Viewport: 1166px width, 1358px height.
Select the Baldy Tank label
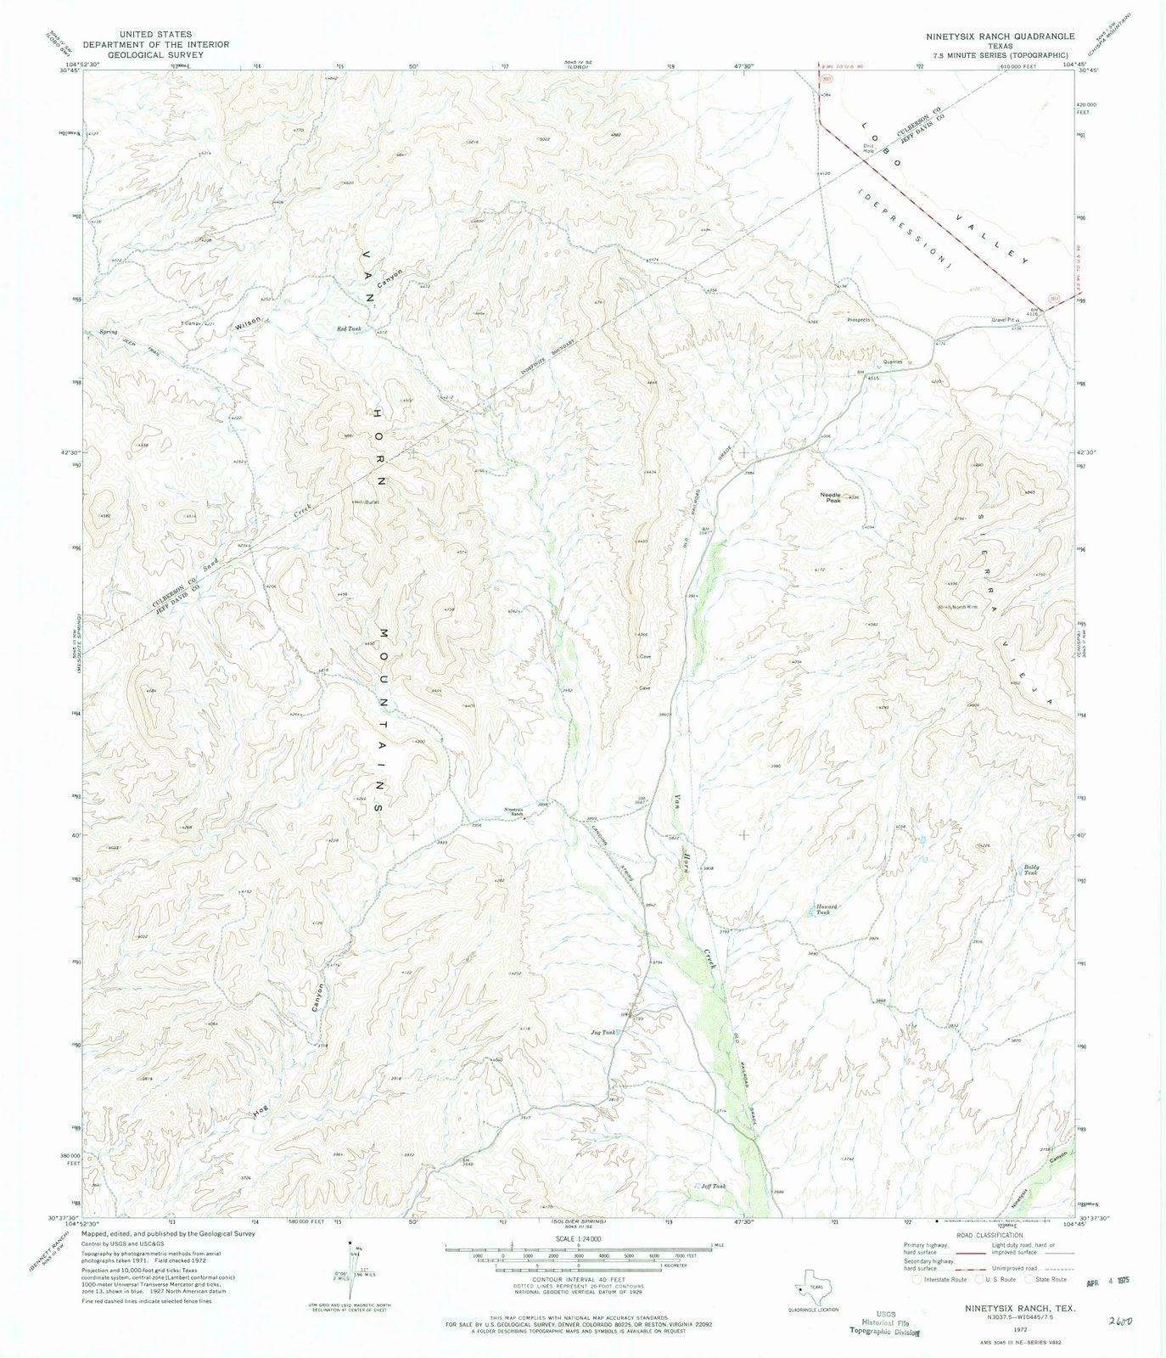tap(1030, 870)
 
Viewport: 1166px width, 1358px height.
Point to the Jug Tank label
tap(601, 1033)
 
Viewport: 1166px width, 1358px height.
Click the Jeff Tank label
tap(713, 1186)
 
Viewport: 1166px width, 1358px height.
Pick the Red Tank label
tap(349, 328)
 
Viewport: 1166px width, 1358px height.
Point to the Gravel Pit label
tap(1005, 321)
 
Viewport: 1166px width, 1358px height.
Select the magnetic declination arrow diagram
tap(354, 1262)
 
